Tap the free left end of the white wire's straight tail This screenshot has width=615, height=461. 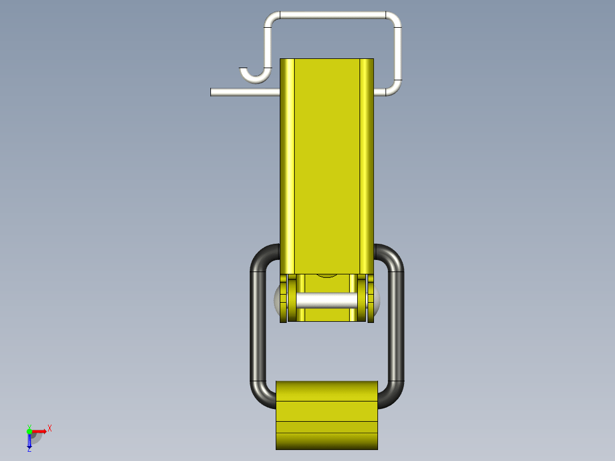211,92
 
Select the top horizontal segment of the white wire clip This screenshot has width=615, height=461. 333,15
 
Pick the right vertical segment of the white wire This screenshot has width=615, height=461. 398,54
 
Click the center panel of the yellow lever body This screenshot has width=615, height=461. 327,166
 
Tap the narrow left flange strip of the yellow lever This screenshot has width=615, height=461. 287,166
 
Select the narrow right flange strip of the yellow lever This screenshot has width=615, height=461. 366,166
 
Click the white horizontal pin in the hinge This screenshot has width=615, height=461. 327,300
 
